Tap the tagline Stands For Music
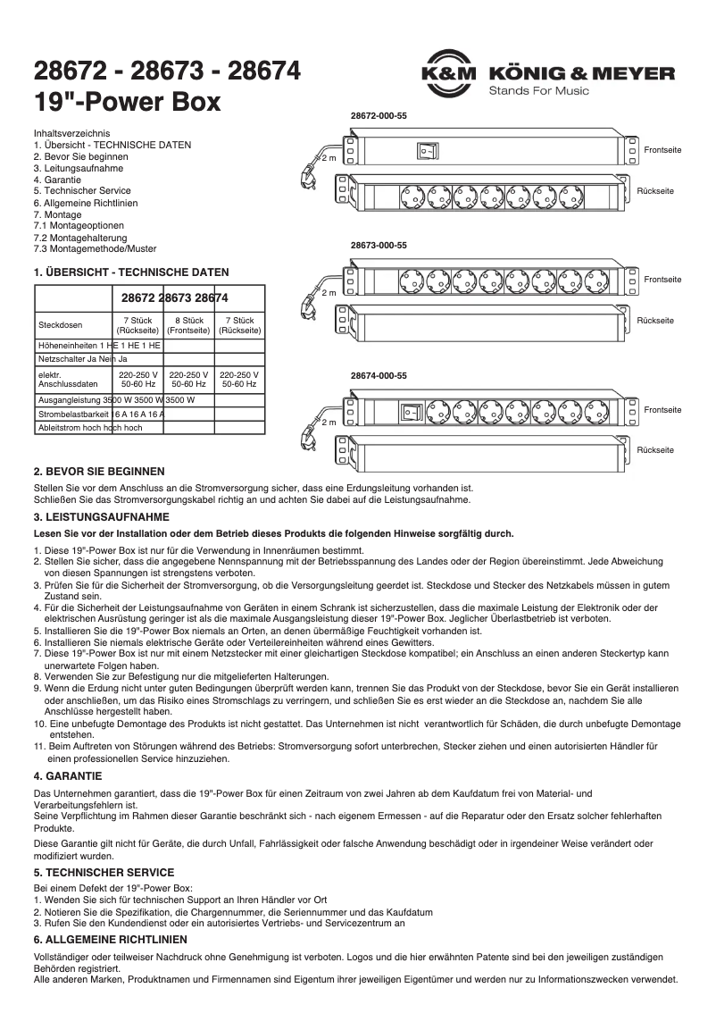[538, 91]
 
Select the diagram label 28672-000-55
[379, 116]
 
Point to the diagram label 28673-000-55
[379, 245]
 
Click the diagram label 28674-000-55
[379, 375]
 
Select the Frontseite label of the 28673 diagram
[662, 280]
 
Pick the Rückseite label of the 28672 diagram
[655, 192]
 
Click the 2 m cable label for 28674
[329, 421]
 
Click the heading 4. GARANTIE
[68, 775]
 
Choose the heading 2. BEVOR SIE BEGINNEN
[99, 471]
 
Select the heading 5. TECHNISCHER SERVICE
[104, 872]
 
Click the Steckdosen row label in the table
[60, 324]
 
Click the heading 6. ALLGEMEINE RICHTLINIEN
[111, 939]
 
